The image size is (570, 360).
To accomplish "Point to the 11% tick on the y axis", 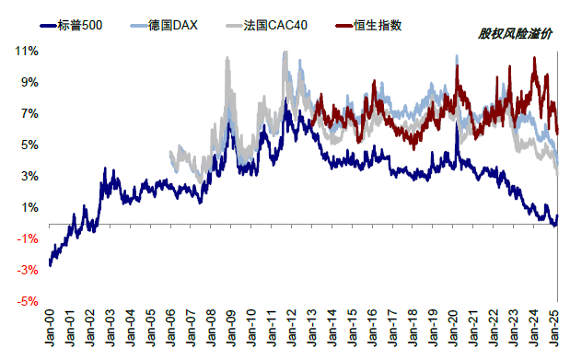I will point(27,51).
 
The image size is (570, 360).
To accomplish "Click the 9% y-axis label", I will point(29,82).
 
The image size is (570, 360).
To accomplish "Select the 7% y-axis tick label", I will point(29,113).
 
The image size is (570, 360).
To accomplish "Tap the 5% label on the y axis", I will point(29,145).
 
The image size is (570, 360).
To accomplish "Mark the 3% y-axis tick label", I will point(29,176).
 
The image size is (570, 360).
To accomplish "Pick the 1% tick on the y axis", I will point(29,207).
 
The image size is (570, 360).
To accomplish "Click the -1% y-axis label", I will point(28,238).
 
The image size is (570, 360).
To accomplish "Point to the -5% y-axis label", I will point(28,301).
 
